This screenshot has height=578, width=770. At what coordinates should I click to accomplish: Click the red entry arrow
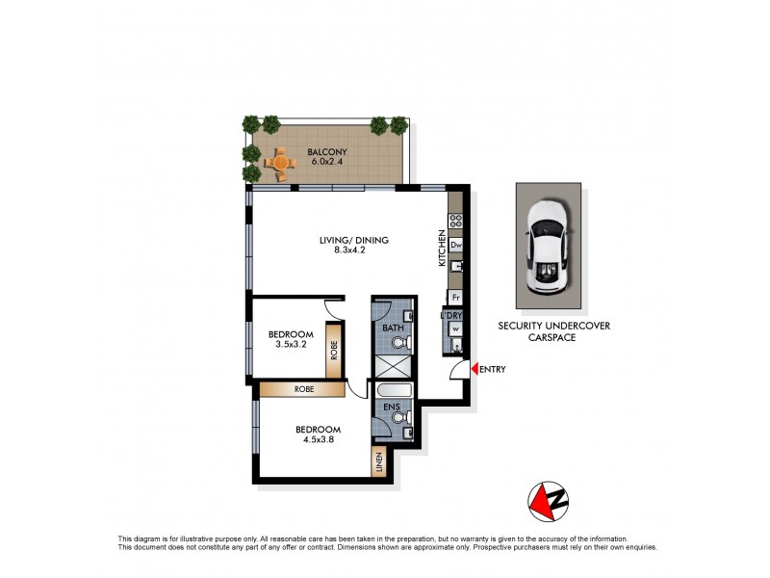[475, 368]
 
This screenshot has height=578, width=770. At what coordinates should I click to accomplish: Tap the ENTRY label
[493, 369]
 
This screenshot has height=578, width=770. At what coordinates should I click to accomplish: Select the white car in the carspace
[548, 247]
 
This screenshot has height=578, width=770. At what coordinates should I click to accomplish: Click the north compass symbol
[548, 501]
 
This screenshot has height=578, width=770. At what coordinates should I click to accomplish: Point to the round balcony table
[281, 162]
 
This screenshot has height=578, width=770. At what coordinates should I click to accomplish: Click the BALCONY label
[327, 152]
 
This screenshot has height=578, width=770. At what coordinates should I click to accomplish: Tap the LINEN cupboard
[379, 462]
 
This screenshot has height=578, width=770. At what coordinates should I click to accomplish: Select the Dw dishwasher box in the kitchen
[456, 245]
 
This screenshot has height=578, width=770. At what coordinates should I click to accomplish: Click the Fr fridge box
[455, 298]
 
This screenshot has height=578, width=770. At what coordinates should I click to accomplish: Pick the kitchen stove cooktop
[455, 221]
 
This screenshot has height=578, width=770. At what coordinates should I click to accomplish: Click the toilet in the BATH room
[402, 342]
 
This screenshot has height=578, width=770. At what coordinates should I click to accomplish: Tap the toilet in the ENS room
[402, 418]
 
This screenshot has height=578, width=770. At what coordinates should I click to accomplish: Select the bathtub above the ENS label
[395, 391]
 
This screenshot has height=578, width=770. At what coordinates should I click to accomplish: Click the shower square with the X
[395, 367]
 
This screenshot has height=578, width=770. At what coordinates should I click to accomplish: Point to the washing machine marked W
[456, 328]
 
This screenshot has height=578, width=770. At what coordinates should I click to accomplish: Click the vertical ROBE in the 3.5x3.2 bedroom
[334, 350]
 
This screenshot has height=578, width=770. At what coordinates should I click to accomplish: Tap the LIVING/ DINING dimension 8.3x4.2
[349, 250]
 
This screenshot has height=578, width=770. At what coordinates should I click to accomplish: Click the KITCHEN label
[442, 249]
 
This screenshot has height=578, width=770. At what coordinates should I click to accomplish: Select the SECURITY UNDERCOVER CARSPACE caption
[554, 331]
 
